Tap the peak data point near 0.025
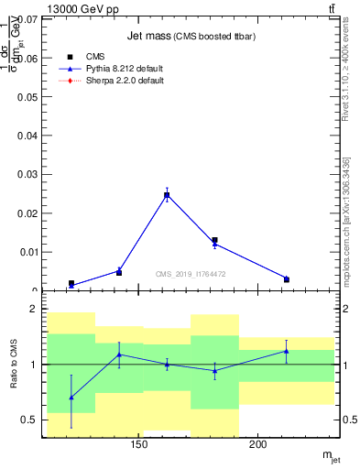[x=167, y=194]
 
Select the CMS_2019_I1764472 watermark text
[x=191, y=274]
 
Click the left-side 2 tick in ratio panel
[x=32, y=310]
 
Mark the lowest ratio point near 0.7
[x=71, y=398]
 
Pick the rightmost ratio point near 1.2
[x=286, y=351]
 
